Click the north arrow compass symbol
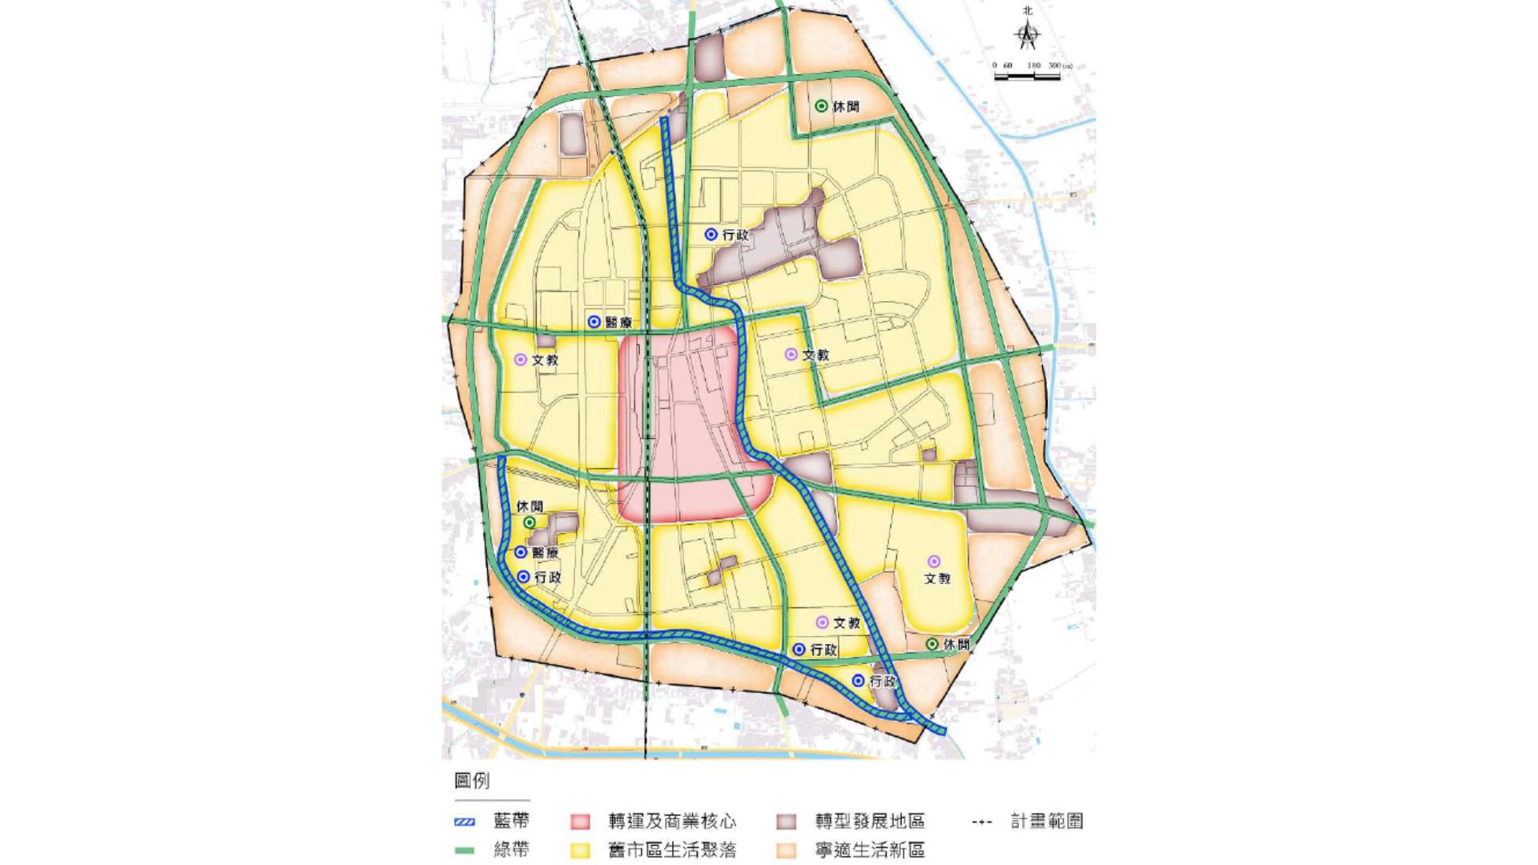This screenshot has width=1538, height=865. click(x=1028, y=34)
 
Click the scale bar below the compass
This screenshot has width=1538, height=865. click(x=1027, y=77)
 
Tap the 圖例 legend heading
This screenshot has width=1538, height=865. click(x=472, y=780)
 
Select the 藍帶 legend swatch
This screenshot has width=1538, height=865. click(x=465, y=822)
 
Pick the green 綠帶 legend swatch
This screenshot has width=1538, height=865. click(x=465, y=851)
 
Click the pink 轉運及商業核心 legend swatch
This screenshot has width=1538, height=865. click(x=580, y=822)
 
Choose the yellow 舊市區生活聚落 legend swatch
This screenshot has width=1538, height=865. click(x=580, y=851)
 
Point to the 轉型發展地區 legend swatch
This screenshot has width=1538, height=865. click(x=787, y=822)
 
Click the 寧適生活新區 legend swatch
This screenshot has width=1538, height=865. click(x=787, y=851)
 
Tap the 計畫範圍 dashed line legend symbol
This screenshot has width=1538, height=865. click(x=981, y=822)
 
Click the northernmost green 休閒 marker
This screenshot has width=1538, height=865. click(x=821, y=106)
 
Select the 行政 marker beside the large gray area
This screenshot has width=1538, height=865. click(x=711, y=235)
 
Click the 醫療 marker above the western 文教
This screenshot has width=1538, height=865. click(x=594, y=322)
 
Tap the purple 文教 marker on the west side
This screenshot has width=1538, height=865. click(x=521, y=360)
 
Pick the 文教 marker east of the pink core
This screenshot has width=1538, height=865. click(x=791, y=354)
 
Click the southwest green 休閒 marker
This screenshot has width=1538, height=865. click(x=529, y=522)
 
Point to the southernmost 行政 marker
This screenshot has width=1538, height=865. click(x=858, y=681)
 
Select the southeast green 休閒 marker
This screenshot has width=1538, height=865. click(x=932, y=644)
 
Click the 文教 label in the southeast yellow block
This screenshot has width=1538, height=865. click(x=937, y=578)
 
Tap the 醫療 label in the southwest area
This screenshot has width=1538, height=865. click(x=546, y=553)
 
